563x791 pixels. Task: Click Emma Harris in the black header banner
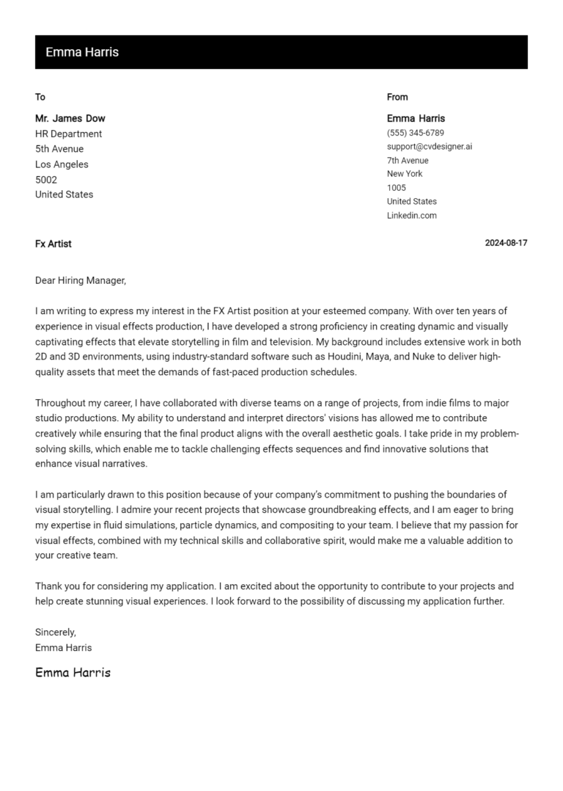pos(82,52)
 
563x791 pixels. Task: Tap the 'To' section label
pos(40,97)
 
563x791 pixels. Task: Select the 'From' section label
pos(397,97)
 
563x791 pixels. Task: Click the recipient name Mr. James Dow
pos(70,118)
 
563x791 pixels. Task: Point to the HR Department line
pos(69,134)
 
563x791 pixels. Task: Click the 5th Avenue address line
pos(59,149)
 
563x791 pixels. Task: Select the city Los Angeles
pos(62,164)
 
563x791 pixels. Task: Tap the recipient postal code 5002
pos(46,180)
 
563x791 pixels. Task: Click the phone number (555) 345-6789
pos(416,133)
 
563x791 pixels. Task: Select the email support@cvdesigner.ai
pos(430,147)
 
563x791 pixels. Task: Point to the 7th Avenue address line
pos(408,161)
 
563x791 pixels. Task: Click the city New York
pos(405,174)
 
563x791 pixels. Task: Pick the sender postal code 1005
pos(397,188)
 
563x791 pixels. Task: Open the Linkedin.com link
pos(412,216)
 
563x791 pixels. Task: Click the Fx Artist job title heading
pos(54,244)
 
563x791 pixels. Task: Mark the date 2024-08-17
pos(506,244)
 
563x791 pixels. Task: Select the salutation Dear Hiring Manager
pos(81,280)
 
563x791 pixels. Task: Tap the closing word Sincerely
pos(56,633)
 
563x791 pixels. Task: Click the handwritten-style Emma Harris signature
pos(73,672)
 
